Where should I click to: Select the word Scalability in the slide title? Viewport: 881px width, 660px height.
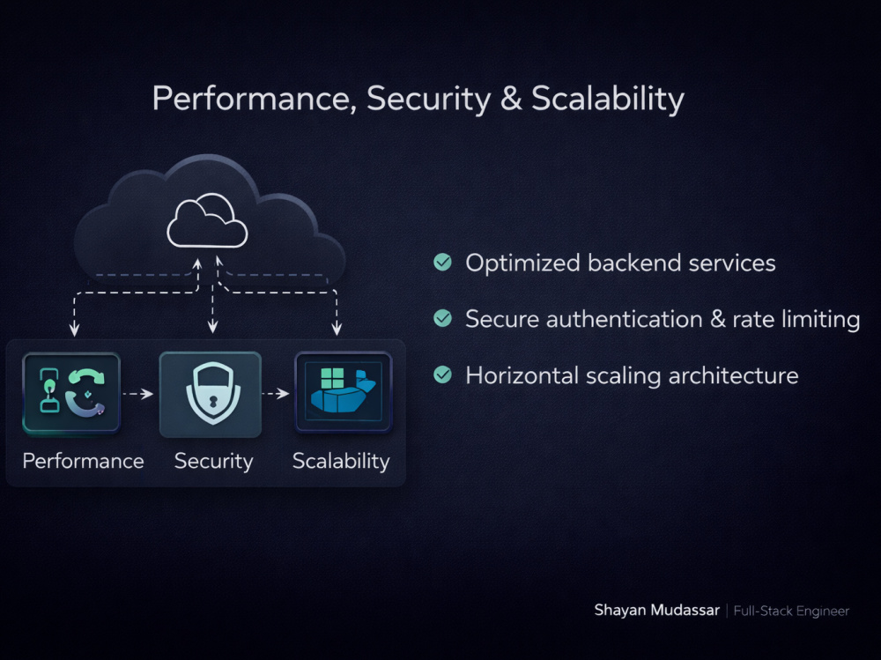pyautogui.click(x=607, y=99)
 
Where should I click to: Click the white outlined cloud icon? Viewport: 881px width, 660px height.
pyautogui.click(x=207, y=220)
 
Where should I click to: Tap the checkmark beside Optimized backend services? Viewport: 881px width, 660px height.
pyautogui.click(x=443, y=262)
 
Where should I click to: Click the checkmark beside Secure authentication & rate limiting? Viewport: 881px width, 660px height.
pyautogui.click(x=443, y=318)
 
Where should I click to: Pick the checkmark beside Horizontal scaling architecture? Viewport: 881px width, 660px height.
pyautogui.click(x=443, y=374)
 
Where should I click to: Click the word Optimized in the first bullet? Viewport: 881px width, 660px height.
pyautogui.click(x=522, y=263)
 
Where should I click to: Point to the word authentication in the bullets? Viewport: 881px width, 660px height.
pyautogui.click(x=624, y=319)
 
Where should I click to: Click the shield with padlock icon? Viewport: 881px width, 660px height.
pyautogui.click(x=212, y=393)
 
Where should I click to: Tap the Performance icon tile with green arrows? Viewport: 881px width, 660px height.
pyautogui.click(x=71, y=393)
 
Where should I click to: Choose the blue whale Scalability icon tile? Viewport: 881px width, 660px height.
pyautogui.click(x=344, y=392)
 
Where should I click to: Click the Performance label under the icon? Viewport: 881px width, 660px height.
pyautogui.click(x=83, y=461)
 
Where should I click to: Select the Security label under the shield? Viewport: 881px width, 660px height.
pyautogui.click(x=213, y=462)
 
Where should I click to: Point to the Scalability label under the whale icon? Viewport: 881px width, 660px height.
pyautogui.click(x=341, y=461)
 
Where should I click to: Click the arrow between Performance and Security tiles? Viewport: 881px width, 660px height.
pyautogui.click(x=137, y=394)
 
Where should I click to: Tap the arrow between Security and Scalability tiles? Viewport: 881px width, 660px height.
pyautogui.click(x=275, y=394)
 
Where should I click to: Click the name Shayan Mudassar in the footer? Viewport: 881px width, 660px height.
pyautogui.click(x=657, y=611)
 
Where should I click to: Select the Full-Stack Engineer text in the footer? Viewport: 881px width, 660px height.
pyautogui.click(x=791, y=611)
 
